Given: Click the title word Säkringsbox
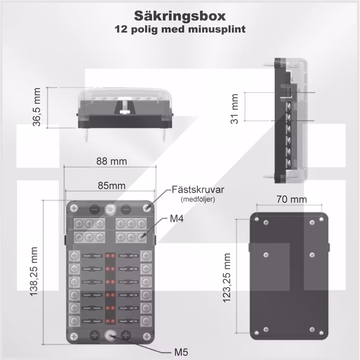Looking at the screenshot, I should (180, 16).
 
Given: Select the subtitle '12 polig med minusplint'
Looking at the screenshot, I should (180, 29).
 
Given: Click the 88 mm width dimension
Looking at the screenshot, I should (112, 162).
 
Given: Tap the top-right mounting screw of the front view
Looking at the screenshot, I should (148, 208).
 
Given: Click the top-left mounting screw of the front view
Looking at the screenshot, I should (74, 208).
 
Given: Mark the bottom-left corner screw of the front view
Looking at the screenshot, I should (74, 336).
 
